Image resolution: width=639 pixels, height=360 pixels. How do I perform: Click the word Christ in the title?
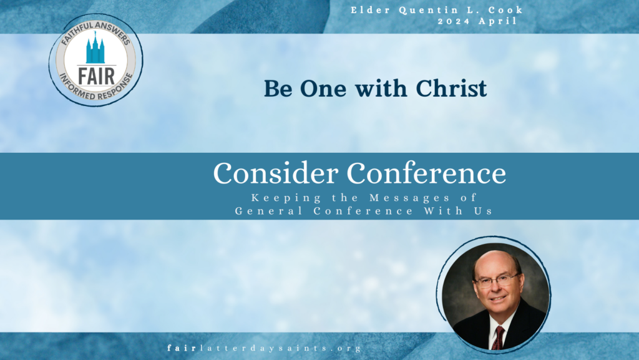pyautogui.click(x=451, y=89)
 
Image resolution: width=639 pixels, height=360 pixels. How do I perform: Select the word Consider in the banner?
pyautogui.click(x=275, y=173)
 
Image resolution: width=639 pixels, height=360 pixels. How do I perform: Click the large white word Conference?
pyautogui.click(x=426, y=173)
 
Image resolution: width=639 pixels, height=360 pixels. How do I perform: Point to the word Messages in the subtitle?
pyautogui.click(x=409, y=198)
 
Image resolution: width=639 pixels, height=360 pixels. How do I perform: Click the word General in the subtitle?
pyautogui.click(x=268, y=211)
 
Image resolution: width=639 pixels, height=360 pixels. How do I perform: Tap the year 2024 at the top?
pyautogui.click(x=454, y=21)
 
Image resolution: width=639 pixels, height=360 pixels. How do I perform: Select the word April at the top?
pyautogui.click(x=497, y=21)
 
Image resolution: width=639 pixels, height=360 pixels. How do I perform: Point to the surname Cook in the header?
pyautogui.click(x=505, y=10)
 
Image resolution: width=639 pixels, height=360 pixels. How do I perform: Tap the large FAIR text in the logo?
pyautogui.click(x=97, y=76)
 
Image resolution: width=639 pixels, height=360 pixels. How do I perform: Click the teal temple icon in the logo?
pyautogui.click(x=95, y=48)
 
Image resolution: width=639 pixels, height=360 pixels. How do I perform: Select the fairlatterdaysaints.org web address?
pyautogui.click(x=264, y=348)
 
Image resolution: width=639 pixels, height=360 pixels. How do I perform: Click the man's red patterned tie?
pyautogui.click(x=497, y=337)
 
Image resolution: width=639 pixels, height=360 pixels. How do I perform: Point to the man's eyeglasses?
pyautogui.click(x=497, y=280)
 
